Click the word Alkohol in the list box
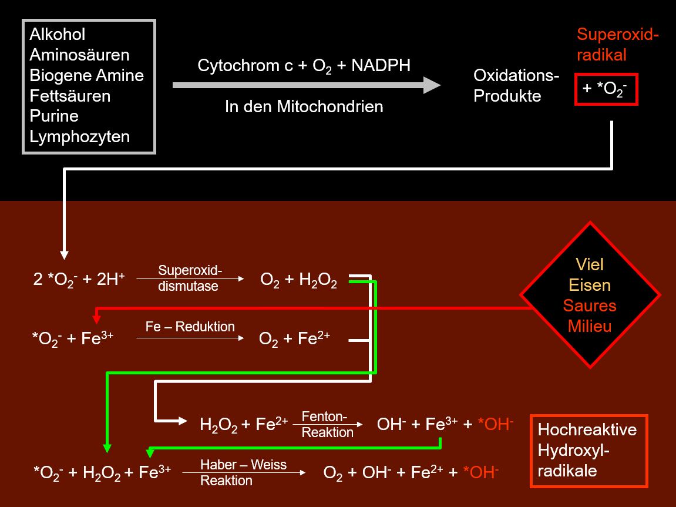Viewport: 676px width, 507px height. [x=58, y=35]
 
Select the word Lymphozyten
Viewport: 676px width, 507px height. [x=80, y=137]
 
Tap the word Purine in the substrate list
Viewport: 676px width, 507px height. [x=54, y=116]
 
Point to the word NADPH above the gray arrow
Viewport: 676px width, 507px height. [x=381, y=66]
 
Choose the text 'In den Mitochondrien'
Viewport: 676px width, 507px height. [x=304, y=106]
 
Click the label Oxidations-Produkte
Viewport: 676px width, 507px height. [x=516, y=85]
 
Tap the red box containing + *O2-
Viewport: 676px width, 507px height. [x=606, y=89]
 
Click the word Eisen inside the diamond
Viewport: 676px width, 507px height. [x=589, y=285]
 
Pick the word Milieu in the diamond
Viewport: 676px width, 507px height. [x=589, y=326]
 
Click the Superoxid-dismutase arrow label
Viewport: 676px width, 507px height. [x=190, y=278]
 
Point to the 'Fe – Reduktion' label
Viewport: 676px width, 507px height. [x=190, y=327]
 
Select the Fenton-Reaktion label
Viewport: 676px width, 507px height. [x=327, y=424]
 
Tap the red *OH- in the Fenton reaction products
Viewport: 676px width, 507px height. [x=496, y=424]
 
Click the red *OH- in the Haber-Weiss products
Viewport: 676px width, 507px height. [x=480, y=472]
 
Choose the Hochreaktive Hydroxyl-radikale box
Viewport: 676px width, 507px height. [x=589, y=451]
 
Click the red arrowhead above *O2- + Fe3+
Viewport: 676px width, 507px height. [x=96, y=319]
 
